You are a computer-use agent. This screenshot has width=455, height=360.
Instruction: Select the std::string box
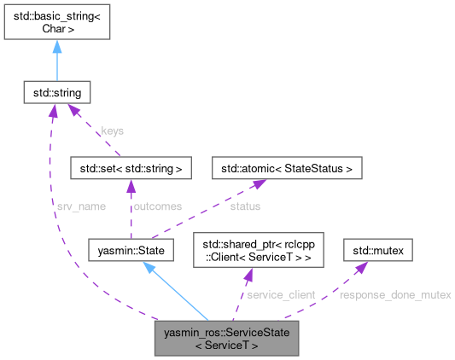(x=56, y=90)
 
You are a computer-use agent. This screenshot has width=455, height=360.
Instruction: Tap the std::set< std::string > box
(x=130, y=168)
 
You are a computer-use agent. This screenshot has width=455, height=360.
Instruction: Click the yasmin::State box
(x=131, y=250)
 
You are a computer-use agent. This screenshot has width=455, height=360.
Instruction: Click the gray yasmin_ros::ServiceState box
(x=226, y=339)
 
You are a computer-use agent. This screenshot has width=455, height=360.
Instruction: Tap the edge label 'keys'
(x=112, y=131)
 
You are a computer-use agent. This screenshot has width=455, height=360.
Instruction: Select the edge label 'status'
(x=245, y=206)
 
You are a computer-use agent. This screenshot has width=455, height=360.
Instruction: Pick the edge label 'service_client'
(x=280, y=294)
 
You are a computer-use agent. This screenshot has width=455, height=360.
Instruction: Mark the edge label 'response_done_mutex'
(x=395, y=294)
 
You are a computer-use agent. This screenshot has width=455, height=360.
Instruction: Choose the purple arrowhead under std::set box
(x=130, y=185)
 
